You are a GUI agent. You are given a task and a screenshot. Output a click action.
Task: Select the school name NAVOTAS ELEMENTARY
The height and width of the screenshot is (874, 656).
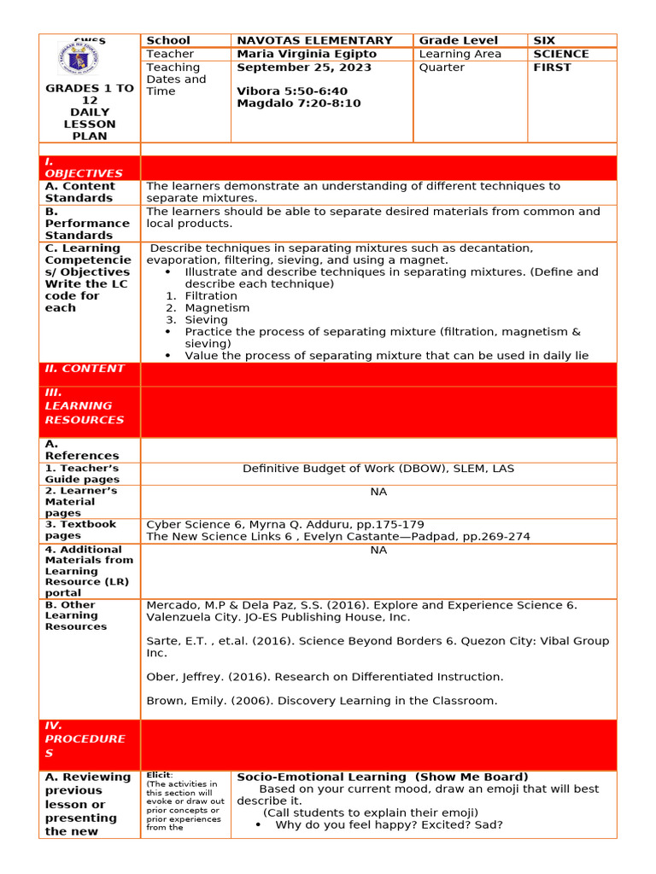point(314,40)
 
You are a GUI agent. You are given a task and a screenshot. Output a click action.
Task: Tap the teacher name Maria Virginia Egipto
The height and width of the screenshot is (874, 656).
point(306,54)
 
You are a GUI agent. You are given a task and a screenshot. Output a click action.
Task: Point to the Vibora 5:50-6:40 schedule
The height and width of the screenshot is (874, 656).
point(291,91)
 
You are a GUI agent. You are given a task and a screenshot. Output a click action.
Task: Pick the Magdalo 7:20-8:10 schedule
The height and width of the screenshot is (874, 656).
point(298,103)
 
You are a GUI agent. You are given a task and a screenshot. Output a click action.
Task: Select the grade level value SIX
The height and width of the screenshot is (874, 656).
point(543,40)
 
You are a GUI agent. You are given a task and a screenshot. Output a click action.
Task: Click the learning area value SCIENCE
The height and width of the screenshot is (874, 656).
point(560,54)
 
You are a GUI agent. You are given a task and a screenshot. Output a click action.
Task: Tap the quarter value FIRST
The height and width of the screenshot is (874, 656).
point(552,67)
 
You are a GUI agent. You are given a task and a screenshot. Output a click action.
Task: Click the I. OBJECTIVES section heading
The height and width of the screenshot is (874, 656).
point(83,167)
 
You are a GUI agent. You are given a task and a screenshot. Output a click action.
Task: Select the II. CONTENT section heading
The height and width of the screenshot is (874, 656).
point(85,369)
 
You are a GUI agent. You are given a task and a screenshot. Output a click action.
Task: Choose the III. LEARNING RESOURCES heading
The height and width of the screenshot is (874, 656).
point(85,406)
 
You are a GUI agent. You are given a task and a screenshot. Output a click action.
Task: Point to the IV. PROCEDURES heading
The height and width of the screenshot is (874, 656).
point(85,739)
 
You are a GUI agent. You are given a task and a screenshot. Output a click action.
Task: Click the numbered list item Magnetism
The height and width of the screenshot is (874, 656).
point(217,308)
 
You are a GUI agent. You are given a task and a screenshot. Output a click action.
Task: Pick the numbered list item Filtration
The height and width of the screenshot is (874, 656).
point(211,296)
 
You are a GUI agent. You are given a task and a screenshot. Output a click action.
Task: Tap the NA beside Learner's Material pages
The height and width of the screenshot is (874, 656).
point(378,492)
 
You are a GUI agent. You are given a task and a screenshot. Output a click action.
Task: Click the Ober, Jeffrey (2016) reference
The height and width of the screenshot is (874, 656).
point(325,677)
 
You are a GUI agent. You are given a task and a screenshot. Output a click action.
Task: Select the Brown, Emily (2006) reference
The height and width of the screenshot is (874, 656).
point(321,701)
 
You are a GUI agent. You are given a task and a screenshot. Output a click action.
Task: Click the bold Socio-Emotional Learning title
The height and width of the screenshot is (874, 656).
point(382,777)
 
